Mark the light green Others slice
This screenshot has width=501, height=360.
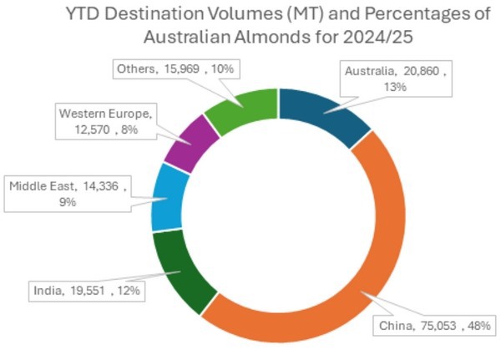click(x=242, y=109)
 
